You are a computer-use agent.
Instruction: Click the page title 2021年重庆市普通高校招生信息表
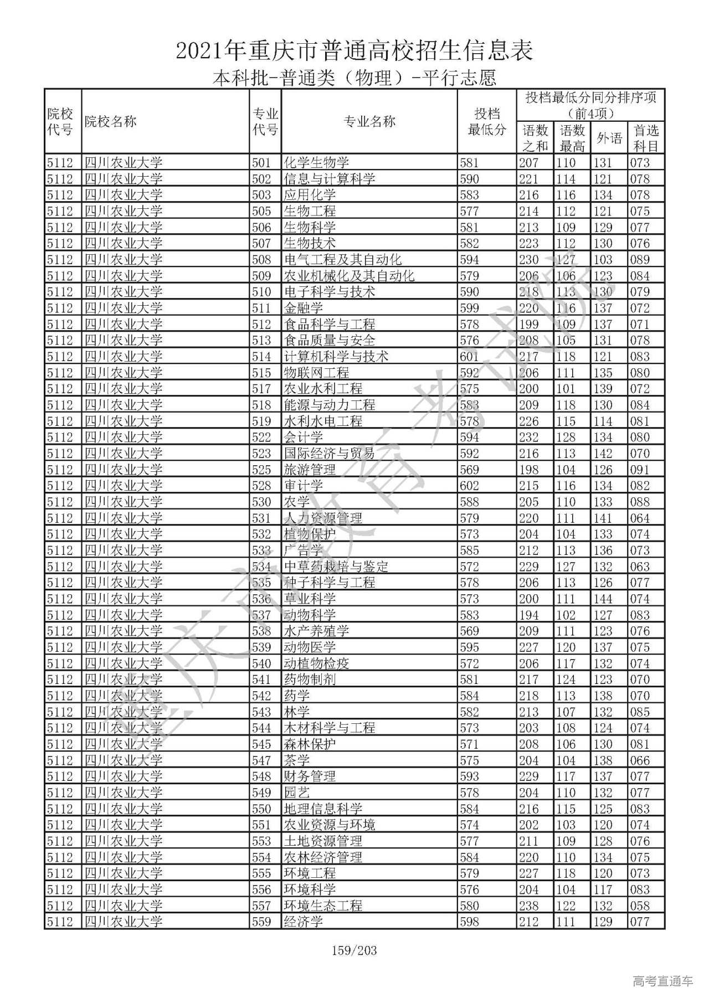[354, 50]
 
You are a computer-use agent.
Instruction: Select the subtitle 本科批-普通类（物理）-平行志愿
[354, 78]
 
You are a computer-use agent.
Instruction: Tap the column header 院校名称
[110, 122]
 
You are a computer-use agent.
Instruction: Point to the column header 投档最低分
[487, 122]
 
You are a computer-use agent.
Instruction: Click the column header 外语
[609, 138]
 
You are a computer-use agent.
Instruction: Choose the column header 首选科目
[646, 138]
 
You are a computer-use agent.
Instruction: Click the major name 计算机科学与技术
[336, 357]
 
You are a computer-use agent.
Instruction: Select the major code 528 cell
[261, 486]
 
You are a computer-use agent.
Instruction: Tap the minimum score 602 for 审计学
[469, 486]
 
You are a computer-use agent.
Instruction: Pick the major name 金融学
[303, 308]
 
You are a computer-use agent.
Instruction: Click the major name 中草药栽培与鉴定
[336, 567]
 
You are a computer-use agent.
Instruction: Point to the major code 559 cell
[261, 922]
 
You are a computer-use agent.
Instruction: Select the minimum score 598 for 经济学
[469, 922]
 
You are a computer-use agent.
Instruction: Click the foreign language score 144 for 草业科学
[603, 599]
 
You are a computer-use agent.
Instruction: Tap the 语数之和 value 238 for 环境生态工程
[529, 906]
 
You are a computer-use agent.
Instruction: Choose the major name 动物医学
[310, 647]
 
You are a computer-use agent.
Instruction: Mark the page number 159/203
[354, 951]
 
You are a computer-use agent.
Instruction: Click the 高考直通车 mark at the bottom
[662, 981]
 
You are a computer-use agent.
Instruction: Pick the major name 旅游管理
[310, 470]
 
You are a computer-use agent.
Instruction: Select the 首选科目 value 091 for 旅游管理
[640, 470]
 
